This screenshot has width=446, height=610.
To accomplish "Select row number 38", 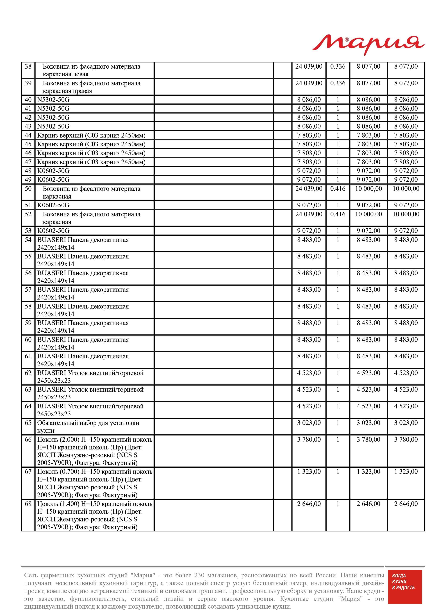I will tap(28, 66).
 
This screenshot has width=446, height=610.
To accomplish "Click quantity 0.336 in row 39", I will tap(338, 83).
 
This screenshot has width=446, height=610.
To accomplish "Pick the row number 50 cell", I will tap(28, 189).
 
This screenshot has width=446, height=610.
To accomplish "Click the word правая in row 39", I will tap(82, 91).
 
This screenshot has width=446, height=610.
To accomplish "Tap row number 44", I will tap(28, 135).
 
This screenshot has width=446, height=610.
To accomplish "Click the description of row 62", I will tap(90, 377).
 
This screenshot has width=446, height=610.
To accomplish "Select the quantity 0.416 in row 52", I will tap(338, 214).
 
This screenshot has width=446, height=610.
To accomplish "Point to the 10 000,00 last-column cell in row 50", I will tap(406, 189).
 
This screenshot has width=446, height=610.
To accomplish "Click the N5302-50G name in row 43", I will tap(53, 126).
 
